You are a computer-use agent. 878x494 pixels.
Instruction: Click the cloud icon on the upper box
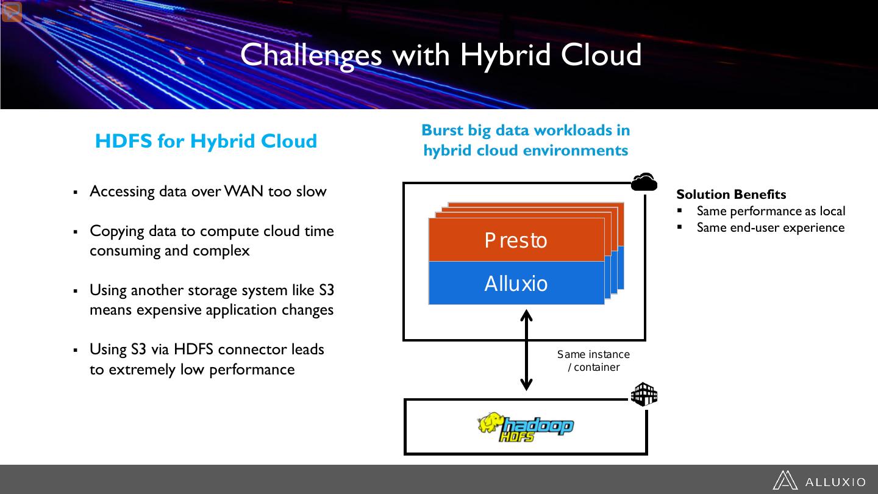pyautogui.click(x=644, y=182)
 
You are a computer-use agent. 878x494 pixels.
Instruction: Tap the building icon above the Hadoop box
pyautogui.click(x=644, y=395)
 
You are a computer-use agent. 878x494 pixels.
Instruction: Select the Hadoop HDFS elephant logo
pyautogui.click(x=525, y=427)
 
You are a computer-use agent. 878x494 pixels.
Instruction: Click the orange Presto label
pyautogui.click(x=516, y=240)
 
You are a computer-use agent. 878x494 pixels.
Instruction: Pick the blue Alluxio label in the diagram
pyautogui.click(x=516, y=284)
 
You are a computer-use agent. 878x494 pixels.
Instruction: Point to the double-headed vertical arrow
pyautogui.click(x=526, y=351)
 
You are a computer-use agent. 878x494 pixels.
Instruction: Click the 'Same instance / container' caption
pyautogui.click(x=593, y=360)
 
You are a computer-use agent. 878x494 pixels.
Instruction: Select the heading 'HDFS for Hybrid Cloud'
pyautogui.click(x=206, y=141)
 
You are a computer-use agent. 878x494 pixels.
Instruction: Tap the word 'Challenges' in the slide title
pyautogui.click(x=311, y=54)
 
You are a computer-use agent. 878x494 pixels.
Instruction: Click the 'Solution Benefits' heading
pyautogui.click(x=731, y=195)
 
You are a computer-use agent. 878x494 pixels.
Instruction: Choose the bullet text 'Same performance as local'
pyautogui.click(x=771, y=211)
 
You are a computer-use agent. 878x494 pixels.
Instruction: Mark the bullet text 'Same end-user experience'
pyautogui.click(x=770, y=227)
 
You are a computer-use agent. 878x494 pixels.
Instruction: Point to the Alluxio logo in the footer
pyautogui.click(x=818, y=481)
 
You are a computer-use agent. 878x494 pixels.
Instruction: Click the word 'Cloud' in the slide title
pyautogui.click(x=601, y=54)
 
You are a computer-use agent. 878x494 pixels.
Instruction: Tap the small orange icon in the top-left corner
pyautogui.click(x=12, y=12)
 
